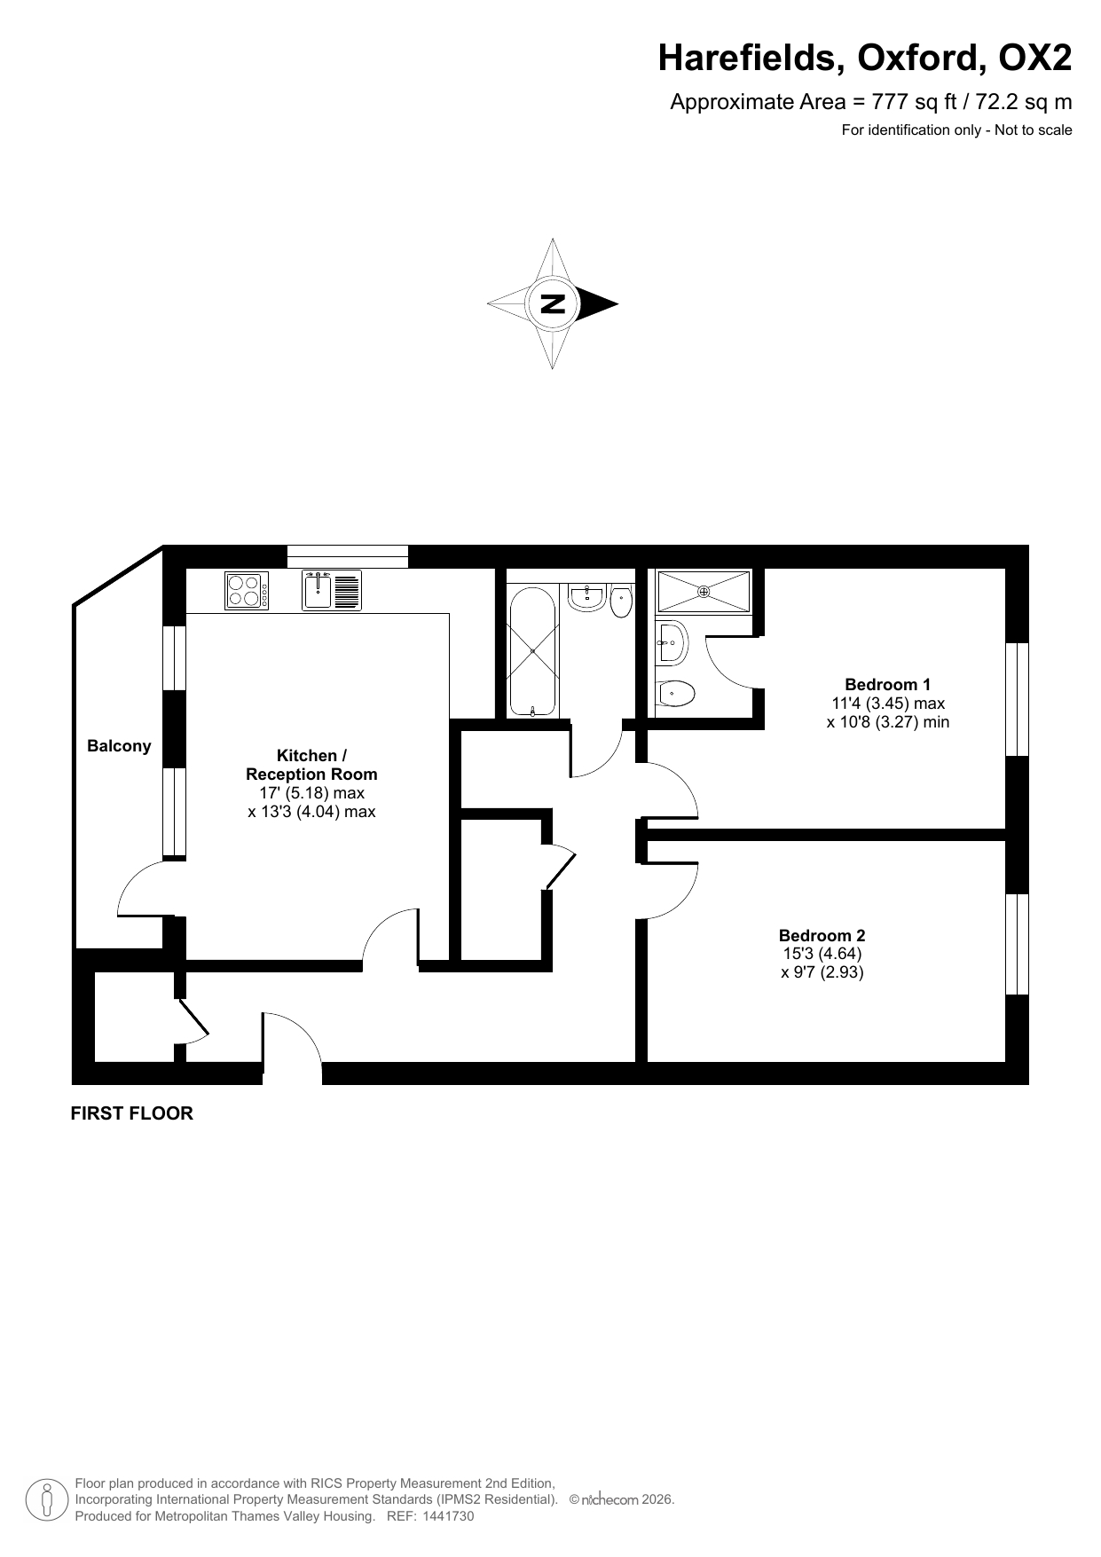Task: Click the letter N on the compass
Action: click(553, 303)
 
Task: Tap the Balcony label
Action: click(119, 746)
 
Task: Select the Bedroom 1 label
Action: click(887, 684)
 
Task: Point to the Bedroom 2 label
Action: click(822, 935)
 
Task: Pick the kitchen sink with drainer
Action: click(332, 590)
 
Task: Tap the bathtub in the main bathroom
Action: click(532, 650)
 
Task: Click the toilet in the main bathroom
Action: click(621, 599)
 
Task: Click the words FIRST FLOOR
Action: click(131, 1113)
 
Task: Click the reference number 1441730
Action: click(449, 1516)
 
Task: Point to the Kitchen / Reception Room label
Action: click(311, 765)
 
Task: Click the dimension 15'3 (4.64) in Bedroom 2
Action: click(822, 954)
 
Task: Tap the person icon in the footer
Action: click(48, 1499)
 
